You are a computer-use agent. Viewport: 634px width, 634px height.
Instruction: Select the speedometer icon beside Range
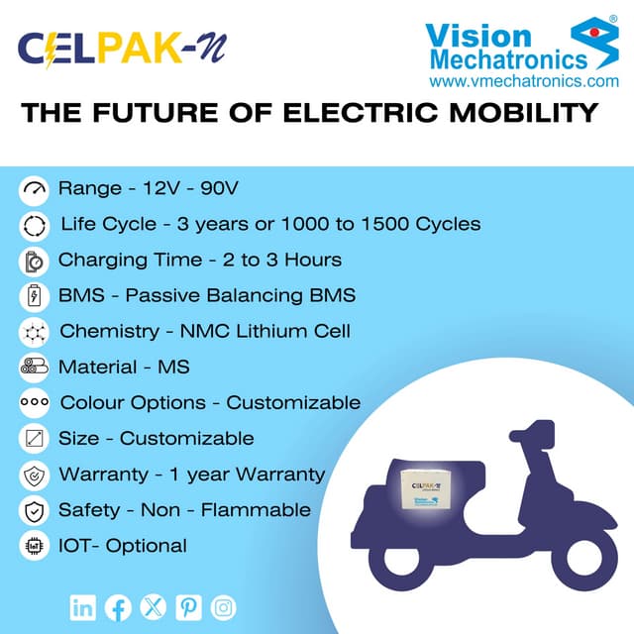pyautogui.click(x=33, y=188)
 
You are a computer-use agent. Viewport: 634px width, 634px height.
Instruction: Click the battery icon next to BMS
pyautogui.click(x=33, y=295)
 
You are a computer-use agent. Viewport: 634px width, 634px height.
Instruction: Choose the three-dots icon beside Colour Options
pyautogui.click(x=33, y=403)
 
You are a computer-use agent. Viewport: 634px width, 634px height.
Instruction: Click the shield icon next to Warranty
pyautogui.click(x=33, y=475)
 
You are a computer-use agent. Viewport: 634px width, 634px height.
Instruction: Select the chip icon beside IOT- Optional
pyautogui.click(x=33, y=545)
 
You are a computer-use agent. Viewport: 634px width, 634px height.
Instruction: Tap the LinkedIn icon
pyautogui.click(x=83, y=606)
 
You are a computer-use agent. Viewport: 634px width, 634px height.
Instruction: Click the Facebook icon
pyautogui.click(x=118, y=606)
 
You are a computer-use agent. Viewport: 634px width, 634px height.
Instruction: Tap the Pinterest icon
pyautogui.click(x=188, y=606)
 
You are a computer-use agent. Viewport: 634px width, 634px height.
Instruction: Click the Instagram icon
pyautogui.click(x=224, y=606)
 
